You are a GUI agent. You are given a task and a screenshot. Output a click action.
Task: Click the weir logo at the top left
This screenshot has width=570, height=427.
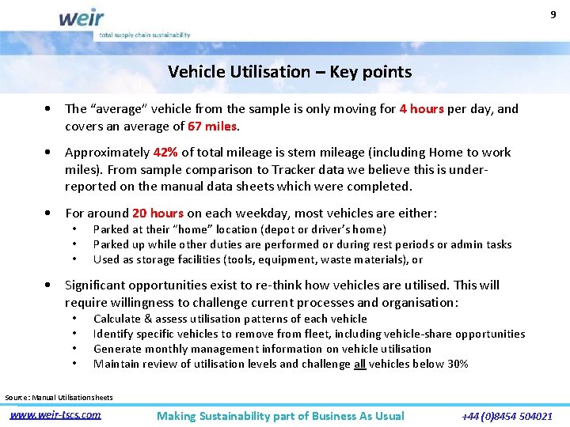pyautogui.click(x=80, y=17)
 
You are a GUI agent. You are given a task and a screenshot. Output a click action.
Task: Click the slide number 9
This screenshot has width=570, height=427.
pyautogui.click(x=553, y=13)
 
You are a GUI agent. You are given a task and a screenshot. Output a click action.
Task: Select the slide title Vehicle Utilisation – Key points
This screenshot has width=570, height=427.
pyautogui.click(x=290, y=72)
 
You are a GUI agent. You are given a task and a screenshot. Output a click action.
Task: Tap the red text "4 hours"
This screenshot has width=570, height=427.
pyautogui.click(x=421, y=109)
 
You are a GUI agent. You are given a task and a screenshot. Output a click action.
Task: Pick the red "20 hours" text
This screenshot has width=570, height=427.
pyautogui.click(x=158, y=213)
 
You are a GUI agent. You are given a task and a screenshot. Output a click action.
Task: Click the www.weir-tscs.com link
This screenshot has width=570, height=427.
pyautogui.click(x=55, y=414)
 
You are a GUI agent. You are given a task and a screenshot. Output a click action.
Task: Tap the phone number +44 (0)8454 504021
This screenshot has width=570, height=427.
pyautogui.click(x=507, y=415)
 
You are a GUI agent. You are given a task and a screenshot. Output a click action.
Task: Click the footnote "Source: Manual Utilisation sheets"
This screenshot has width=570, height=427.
pyautogui.click(x=59, y=397)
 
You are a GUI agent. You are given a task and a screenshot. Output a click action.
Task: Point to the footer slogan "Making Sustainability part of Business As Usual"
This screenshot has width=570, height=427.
pyautogui.click(x=280, y=416)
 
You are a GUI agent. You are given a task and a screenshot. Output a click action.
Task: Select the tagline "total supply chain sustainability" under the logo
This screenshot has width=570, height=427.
pyautogui.click(x=144, y=36)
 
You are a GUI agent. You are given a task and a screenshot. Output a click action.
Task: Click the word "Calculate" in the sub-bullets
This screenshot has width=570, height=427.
pyautogui.click(x=118, y=319)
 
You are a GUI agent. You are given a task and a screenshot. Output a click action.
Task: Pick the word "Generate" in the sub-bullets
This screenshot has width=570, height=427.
pyautogui.click(x=117, y=349)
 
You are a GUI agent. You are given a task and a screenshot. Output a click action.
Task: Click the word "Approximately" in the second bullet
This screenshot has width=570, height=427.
pyautogui.click(x=106, y=153)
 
